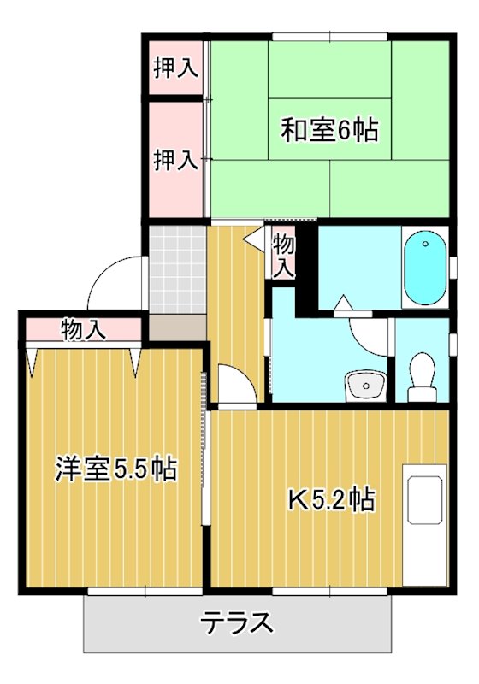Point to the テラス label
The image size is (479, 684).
[x=238, y=622]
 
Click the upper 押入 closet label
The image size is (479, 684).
[x=176, y=68]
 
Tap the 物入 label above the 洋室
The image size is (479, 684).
[x=83, y=328]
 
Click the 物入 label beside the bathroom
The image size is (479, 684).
[x=284, y=255]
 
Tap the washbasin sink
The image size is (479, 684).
[x=365, y=386]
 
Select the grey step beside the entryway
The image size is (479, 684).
[x=178, y=327]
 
